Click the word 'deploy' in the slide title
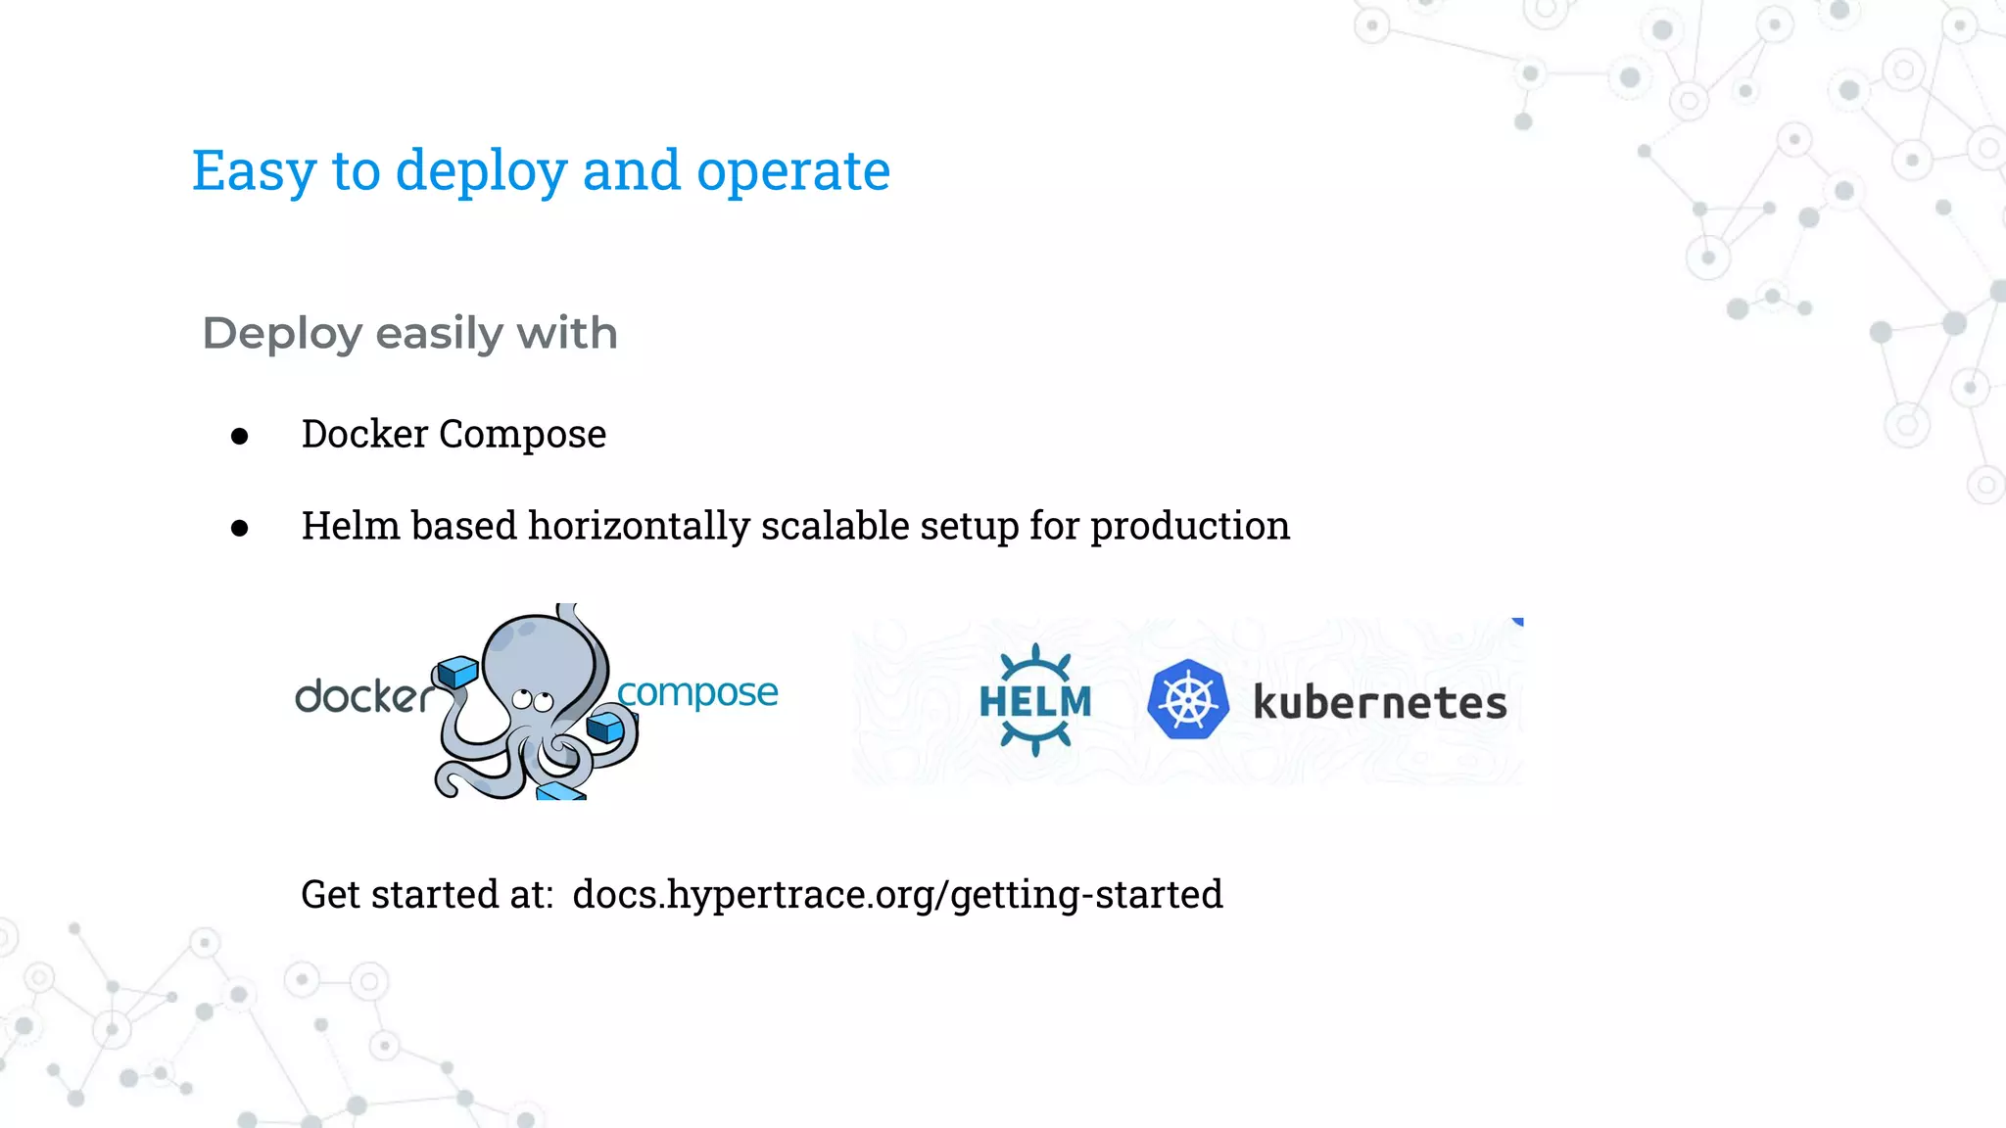click(481, 172)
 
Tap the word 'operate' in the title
click(792, 172)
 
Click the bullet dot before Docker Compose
click(240, 436)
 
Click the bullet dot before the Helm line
click(240, 529)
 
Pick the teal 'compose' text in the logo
click(697, 692)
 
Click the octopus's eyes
click(533, 700)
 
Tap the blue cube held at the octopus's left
click(457, 672)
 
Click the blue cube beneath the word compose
click(605, 728)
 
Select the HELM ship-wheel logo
click(1035, 700)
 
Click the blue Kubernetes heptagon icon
click(1188, 700)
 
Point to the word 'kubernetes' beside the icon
click(1379, 703)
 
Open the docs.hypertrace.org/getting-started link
click(897, 894)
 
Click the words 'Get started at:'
click(427, 894)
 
